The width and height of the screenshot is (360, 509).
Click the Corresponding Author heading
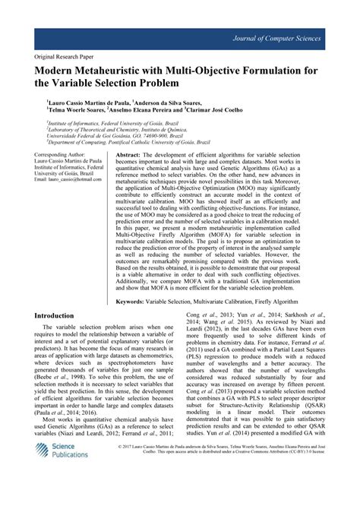(x=65, y=153)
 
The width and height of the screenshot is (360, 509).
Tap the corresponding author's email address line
(x=69, y=181)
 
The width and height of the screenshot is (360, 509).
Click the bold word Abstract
(x=131, y=153)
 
